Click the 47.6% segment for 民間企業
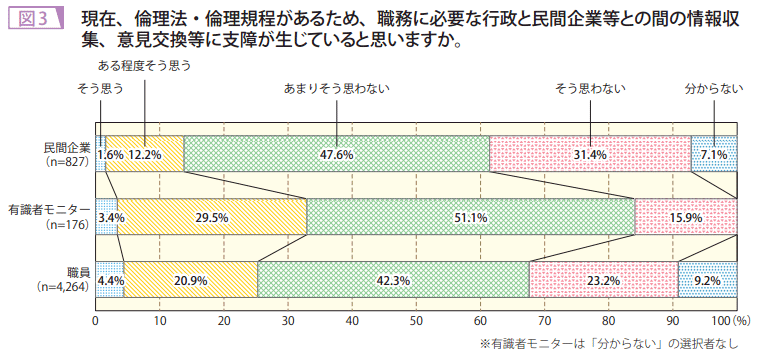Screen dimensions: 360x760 [337, 154]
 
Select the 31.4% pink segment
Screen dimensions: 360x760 [590, 154]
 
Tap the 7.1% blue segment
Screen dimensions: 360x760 [714, 154]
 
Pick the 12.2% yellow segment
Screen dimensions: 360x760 [145, 154]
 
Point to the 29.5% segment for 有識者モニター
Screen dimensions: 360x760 [211, 217]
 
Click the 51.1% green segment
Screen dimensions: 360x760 [470, 217]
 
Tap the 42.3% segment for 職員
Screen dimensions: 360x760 [393, 280]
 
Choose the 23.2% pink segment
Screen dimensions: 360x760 [603, 280]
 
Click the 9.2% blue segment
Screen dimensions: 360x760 [707, 280]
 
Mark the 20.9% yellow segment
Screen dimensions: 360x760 [190, 280]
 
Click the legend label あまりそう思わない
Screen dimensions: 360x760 [337, 89]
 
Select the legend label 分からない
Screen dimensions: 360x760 [713, 89]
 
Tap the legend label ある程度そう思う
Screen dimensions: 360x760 [144, 65]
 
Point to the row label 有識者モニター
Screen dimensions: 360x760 [49, 210]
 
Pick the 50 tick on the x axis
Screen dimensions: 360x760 [416, 321]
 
